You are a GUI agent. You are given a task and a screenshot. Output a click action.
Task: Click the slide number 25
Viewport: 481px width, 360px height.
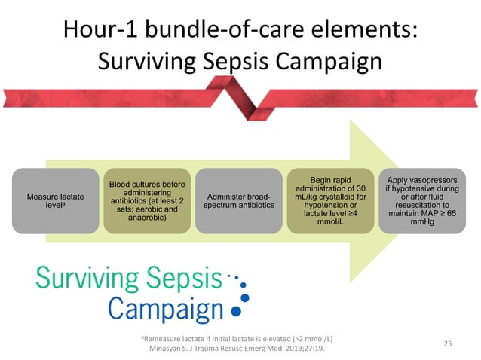pyautogui.click(x=447, y=344)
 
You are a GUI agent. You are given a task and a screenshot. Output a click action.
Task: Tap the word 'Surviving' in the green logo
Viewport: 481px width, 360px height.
pyautogui.click(x=90, y=282)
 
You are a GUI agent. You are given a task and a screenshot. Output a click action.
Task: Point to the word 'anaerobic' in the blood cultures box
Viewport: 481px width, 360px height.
pyautogui.click(x=142, y=218)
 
